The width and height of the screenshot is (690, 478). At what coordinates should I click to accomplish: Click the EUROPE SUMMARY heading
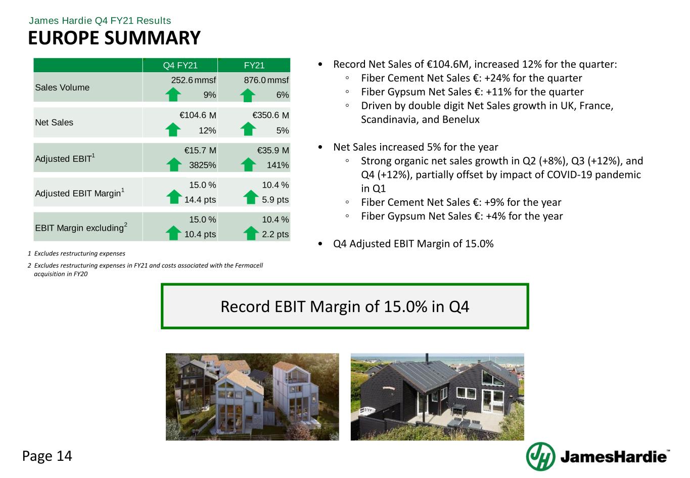point(114,38)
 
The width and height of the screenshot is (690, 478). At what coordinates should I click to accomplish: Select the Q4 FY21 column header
point(180,65)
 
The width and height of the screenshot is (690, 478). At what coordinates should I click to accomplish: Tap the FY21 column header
point(254,65)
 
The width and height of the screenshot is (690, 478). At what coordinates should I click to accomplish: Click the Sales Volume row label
point(62,88)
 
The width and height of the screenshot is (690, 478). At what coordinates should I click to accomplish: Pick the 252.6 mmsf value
point(194,80)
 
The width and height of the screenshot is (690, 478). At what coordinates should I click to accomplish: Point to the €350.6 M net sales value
point(270,115)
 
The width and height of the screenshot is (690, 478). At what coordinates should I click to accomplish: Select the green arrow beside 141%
point(248,164)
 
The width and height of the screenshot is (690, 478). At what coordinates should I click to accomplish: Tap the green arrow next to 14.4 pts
point(174,198)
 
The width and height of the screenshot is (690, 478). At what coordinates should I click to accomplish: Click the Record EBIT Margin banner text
point(345,307)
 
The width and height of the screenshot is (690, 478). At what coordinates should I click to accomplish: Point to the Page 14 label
point(47,456)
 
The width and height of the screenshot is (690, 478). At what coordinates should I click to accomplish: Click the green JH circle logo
point(540,456)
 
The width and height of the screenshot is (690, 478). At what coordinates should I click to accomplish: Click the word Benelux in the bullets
point(459,120)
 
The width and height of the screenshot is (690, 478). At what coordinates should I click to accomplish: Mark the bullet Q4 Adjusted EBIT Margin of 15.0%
point(413,244)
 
